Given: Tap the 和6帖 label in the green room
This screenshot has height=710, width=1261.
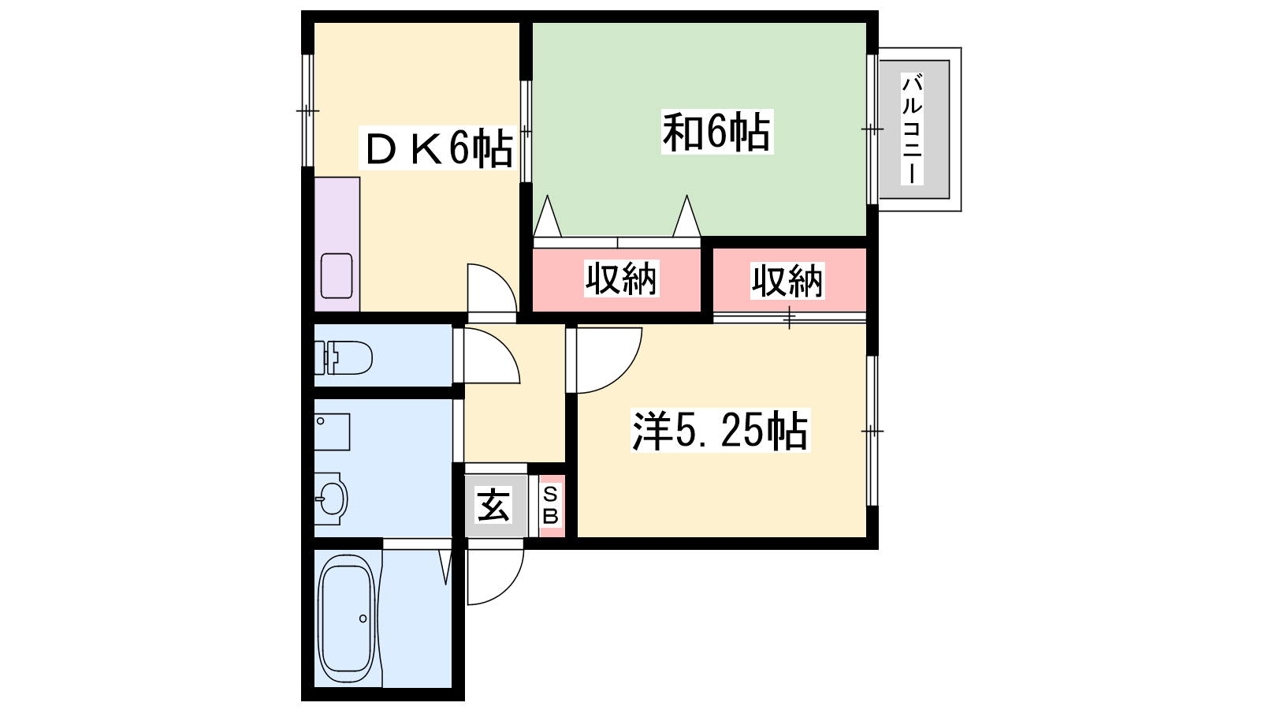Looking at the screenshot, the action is [717, 132].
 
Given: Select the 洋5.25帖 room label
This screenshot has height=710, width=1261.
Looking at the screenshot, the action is [720, 431].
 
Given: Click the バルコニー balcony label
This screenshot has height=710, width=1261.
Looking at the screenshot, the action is [912, 129].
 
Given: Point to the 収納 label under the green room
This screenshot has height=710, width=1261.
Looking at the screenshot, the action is [621, 278].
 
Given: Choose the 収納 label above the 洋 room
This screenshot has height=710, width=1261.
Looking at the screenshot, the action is [787, 281].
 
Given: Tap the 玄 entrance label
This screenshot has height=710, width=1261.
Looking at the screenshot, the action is [493, 505].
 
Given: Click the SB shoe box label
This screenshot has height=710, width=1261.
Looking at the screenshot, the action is [550, 506].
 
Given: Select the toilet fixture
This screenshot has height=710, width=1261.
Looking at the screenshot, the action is [343, 357].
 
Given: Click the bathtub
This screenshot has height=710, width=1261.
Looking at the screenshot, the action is [348, 620].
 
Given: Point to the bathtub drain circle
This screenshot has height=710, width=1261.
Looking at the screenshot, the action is [363, 618].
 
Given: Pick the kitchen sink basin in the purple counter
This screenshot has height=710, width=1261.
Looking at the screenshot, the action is [337, 275].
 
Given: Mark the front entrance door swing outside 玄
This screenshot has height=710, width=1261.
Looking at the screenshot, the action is [509, 586].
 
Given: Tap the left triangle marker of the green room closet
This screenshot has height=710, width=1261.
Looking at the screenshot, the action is [547, 216].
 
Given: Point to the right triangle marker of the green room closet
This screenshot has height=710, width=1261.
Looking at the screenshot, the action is [686, 216].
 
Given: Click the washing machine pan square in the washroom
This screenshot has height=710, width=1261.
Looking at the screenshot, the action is [332, 432].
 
